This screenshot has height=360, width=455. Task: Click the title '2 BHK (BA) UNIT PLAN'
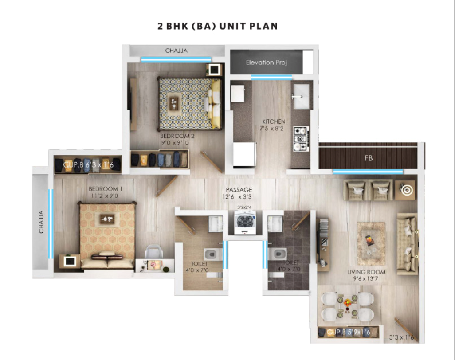[218, 27]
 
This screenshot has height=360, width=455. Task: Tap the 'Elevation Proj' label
[267, 63]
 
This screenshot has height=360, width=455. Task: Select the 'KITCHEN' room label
[274, 121]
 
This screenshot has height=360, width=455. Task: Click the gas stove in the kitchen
[301, 139]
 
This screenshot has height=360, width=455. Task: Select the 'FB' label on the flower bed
[369, 158]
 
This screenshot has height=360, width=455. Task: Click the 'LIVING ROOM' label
[366, 272]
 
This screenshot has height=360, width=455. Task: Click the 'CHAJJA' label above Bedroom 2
[176, 51]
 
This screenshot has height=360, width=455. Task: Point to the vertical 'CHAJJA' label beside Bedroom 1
[41, 222]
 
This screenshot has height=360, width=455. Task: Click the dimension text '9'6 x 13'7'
[367, 279]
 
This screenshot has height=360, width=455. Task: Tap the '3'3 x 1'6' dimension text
[401, 337]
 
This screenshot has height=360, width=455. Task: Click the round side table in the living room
[405, 190]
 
